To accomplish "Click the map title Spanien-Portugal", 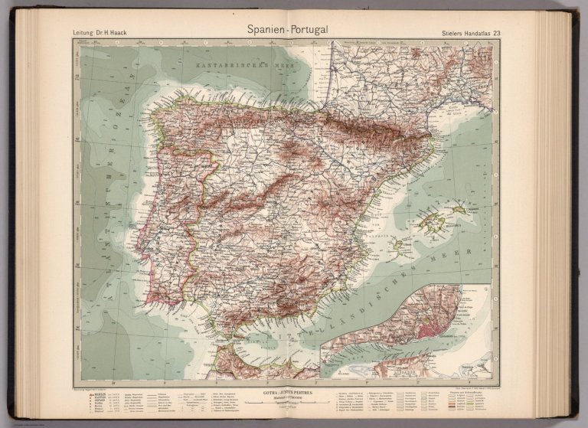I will [287, 30].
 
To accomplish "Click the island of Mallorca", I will [430, 224].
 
